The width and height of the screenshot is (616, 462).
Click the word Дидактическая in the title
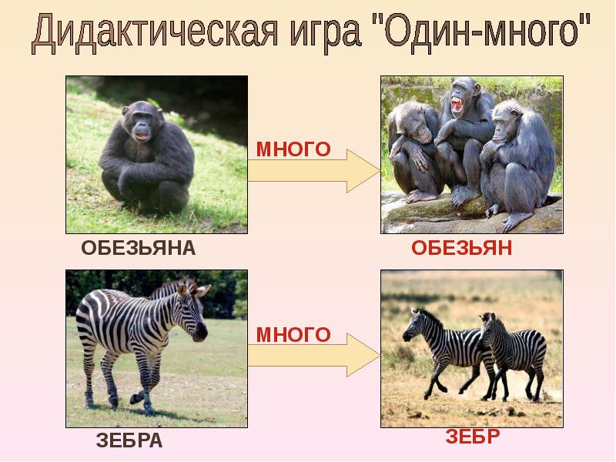155,32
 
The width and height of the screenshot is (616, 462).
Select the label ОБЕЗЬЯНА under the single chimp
139,248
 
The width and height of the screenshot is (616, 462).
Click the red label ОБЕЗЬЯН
461,248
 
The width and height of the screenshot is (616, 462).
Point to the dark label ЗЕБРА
129,440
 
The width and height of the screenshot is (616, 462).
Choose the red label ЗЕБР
473,437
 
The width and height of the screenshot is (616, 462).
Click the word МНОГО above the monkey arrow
293,149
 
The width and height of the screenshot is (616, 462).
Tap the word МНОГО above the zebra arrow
293,335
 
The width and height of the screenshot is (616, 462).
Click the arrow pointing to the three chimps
314,171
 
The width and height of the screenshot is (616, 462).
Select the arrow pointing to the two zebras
314,356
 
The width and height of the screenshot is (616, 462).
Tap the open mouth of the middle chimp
457,105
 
